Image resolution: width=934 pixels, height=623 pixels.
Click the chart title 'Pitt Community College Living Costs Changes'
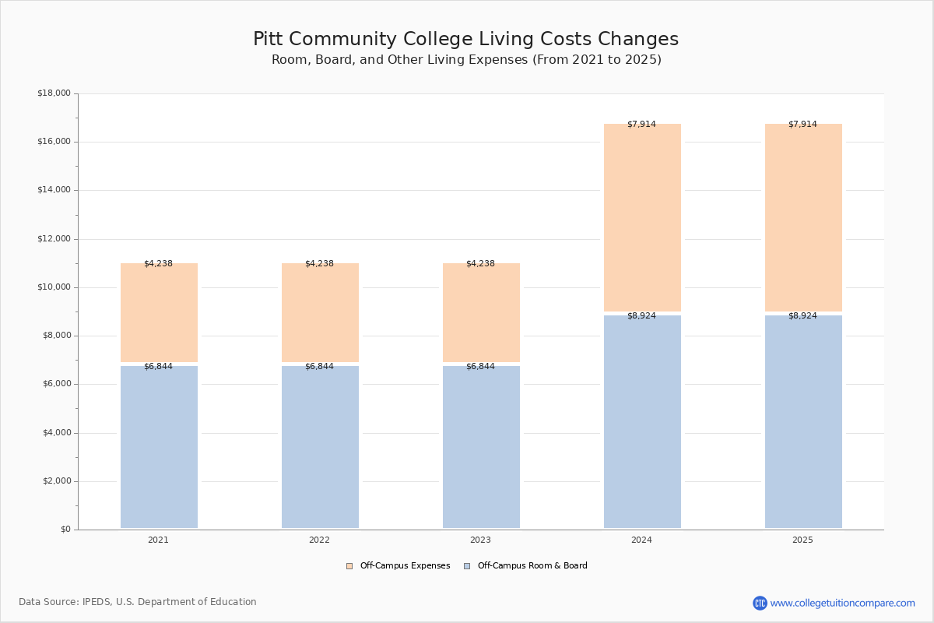tap(465, 40)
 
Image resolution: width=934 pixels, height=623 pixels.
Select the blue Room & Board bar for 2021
tap(159, 448)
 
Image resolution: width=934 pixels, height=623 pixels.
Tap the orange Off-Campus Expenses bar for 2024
tap(642, 218)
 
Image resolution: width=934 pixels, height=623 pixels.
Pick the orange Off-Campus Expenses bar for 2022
tap(320, 313)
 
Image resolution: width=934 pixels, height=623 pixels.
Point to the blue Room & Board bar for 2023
tap(481, 448)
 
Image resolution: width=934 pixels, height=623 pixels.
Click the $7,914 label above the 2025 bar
tap(802, 125)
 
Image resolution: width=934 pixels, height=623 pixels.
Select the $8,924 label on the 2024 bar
tap(641, 316)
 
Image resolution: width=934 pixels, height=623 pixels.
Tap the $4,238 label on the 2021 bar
tap(158, 264)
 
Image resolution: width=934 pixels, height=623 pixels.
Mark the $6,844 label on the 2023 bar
tap(480, 367)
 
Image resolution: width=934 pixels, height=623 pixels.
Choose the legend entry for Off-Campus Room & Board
tap(532, 566)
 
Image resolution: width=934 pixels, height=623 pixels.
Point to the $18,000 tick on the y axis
tap(54, 93)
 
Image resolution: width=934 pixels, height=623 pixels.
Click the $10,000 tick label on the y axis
tap(54, 287)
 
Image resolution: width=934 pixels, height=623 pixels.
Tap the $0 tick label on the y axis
tap(65, 530)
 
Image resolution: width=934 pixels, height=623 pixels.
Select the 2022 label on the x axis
tap(319, 540)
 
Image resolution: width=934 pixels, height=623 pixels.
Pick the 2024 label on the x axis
tap(641, 540)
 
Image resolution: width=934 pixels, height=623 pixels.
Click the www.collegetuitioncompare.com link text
tap(842, 603)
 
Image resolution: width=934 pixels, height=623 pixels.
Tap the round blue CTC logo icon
tap(760, 603)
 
